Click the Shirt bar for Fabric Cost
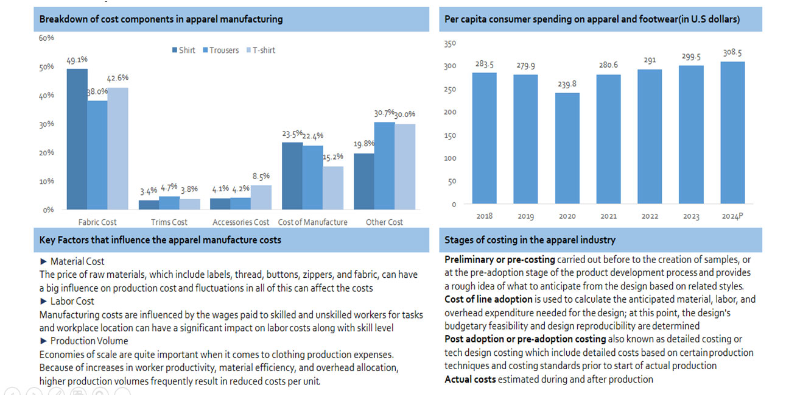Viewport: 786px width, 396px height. [77, 139]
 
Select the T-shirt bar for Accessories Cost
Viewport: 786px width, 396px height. [261, 197]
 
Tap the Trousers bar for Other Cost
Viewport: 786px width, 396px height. [384, 166]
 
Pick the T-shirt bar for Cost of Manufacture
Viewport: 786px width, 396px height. [333, 188]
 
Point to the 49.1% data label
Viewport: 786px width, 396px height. [77, 60]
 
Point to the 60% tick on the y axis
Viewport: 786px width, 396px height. [46, 38]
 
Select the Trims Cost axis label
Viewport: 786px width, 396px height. [169, 222]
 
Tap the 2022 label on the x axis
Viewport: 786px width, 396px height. [650, 216]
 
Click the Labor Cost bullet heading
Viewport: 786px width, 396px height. [72, 301]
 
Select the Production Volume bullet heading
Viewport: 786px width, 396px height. [89, 341]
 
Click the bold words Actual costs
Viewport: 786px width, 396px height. [470, 380]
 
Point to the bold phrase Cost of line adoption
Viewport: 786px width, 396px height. [488, 299]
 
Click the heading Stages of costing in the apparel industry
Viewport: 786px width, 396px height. [530, 240]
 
